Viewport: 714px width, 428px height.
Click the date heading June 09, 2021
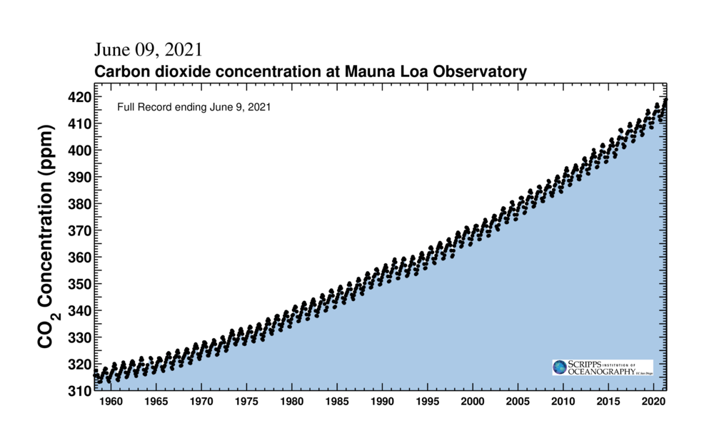point(148,50)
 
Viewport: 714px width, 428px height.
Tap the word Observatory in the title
point(479,71)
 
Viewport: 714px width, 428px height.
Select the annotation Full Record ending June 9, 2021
point(193,107)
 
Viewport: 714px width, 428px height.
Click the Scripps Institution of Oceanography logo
point(602,367)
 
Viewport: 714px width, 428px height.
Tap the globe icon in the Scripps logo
point(559,367)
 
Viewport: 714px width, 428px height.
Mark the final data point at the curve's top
point(665,101)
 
